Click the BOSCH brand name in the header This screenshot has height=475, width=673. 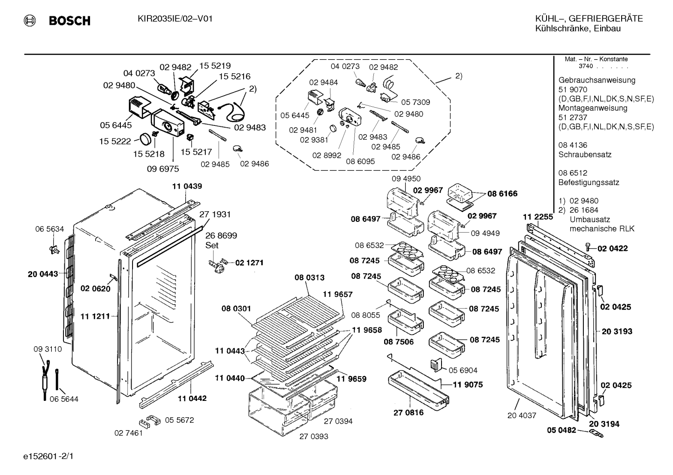(70, 21)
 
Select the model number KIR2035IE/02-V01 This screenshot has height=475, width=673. (175, 19)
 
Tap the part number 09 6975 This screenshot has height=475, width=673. (162, 169)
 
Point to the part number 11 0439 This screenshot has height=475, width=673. (187, 186)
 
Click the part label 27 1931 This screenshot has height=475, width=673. (215, 214)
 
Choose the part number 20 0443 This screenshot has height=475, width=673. (42, 274)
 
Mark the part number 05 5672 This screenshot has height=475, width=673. (179, 420)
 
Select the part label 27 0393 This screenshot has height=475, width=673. (314, 437)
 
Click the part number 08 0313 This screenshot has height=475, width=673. (309, 277)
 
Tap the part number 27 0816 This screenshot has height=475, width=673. (409, 413)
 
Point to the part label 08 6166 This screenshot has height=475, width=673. (502, 193)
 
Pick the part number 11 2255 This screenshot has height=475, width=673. (538, 217)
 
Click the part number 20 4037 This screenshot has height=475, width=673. (522, 416)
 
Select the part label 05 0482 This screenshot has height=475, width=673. (561, 430)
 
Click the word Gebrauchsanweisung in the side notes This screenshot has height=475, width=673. (596, 81)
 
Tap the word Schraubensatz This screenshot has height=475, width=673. (585, 155)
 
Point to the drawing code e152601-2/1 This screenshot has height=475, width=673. (49, 456)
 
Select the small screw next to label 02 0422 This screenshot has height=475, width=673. (588, 247)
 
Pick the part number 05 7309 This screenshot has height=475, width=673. (415, 103)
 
